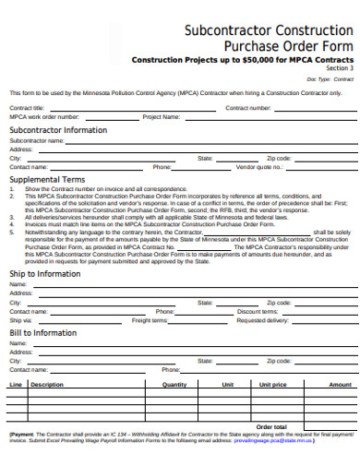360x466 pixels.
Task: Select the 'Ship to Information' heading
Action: pos(45,273)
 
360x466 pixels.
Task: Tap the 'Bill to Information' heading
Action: pos(43,332)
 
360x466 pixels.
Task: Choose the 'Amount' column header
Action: pos(340,384)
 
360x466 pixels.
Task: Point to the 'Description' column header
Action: pos(46,384)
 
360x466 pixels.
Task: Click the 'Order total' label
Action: pos(271,426)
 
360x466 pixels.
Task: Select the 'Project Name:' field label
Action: pos(161,117)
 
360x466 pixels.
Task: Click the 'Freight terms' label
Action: pos(149,320)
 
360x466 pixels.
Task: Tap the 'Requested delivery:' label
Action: pos(262,320)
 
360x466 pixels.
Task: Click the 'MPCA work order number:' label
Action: pos(42,117)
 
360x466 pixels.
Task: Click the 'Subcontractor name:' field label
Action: pos(36,140)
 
